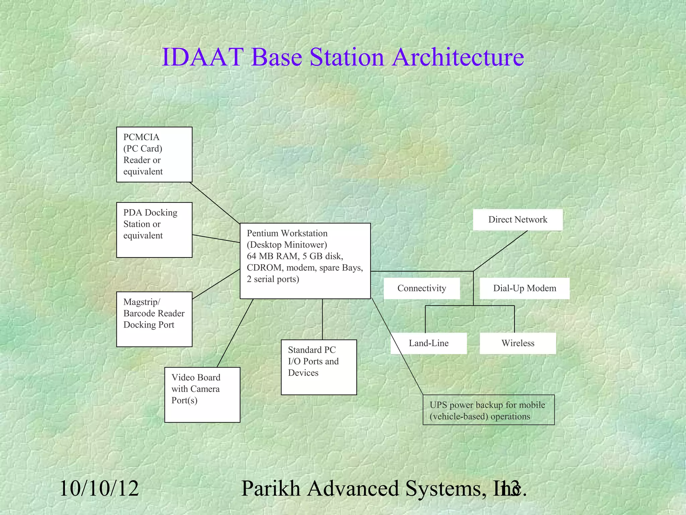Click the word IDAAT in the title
[x=202, y=57]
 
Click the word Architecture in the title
[x=458, y=57]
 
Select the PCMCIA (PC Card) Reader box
[x=154, y=155]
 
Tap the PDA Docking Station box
[x=154, y=230]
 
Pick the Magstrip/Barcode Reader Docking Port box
[x=154, y=319]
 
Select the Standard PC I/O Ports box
[x=319, y=367]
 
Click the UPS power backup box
[x=488, y=410]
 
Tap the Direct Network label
[x=518, y=220]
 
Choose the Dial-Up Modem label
[x=524, y=288]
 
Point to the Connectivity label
[x=421, y=288]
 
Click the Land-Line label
[x=428, y=343]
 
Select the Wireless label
[x=518, y=343]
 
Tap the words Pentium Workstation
[x=287, y=233]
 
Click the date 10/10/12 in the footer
[x=99, y=488]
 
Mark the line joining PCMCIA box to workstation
[x=215, y=203]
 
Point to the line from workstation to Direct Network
[x=500, y=251]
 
